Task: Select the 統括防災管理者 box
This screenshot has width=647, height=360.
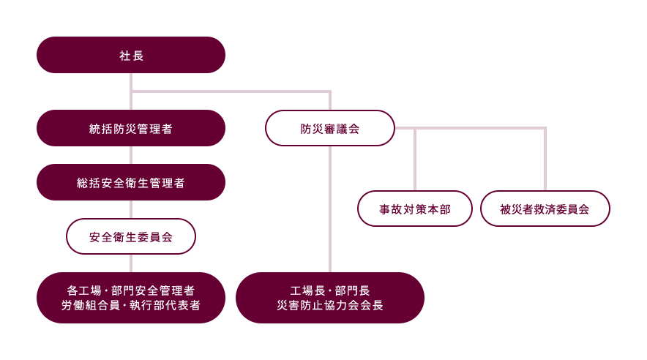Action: pyautogui.click(x=131, y=128)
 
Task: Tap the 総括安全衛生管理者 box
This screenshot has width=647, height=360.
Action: pyautogui.click(x=131, y=182)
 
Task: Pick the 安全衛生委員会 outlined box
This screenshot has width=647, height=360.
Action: pyautogui.click(x=131, y=236)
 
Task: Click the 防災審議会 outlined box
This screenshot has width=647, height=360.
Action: pyautogui.click(x=330, y=128)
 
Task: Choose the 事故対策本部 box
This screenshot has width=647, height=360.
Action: pyautogui.click(x=415, y=209)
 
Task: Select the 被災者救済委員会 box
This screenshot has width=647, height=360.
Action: pyautogui.click(x=545, y=209)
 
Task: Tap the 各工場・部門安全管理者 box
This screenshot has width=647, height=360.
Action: pyautogui.click(x=131, y=290)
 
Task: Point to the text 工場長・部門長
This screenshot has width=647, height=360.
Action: pyautogui.click(x=330, y=290)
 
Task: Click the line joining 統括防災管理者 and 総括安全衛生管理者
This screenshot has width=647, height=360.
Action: pyautogui.click(x=131, y=155)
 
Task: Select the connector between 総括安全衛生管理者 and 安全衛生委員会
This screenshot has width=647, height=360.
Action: pyautogui.click(x=131, y=209)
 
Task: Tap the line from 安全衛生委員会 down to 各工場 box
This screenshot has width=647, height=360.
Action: pyautogui.click(x=131, y=263)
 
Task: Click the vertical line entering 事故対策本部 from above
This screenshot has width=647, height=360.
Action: pyautogui.click(x=415, y=161)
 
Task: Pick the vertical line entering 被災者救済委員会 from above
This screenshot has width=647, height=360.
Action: pyautogui.click(x=545, y=161)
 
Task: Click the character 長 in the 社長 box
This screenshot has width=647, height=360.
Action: pyautogui.click(x=138, y=55)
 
